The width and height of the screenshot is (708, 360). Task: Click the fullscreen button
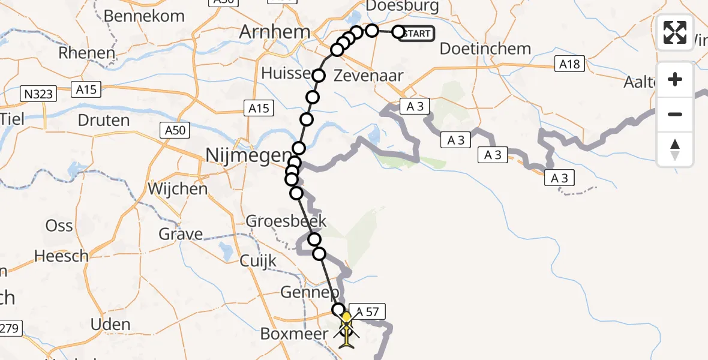[675, 32]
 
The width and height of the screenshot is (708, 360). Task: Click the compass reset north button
[675, 149]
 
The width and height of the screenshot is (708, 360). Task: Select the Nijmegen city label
[247, 156]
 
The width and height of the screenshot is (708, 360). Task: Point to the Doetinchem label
[485, 49]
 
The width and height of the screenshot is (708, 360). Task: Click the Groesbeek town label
[286, 221]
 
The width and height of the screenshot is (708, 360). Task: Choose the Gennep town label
[310, 293]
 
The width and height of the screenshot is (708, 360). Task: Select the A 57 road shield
[368, 311]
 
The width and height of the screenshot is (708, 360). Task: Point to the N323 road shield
[38, 93]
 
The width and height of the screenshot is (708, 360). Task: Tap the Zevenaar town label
[368, 76]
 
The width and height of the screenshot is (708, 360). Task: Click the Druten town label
[104, 120]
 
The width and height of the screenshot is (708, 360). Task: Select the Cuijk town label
[258, 261]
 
